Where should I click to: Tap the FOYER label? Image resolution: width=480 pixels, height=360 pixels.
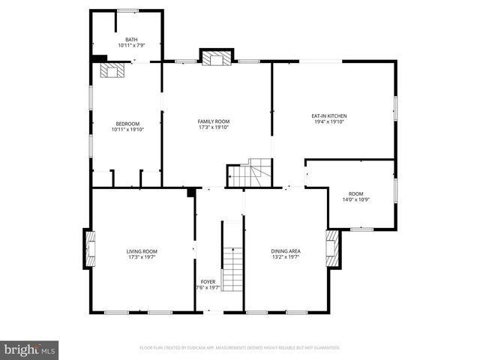(x=208, y=283)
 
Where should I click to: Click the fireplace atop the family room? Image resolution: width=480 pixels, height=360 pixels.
(x=217, y=58)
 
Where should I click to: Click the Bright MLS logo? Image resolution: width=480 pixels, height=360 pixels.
(x=30, y=349)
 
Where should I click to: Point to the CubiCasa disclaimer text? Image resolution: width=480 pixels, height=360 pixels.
(x=240, y=348)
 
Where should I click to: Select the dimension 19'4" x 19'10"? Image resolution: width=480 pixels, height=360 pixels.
(x=328, y=122)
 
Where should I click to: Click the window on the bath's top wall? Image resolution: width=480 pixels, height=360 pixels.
(x=127, y=11)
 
